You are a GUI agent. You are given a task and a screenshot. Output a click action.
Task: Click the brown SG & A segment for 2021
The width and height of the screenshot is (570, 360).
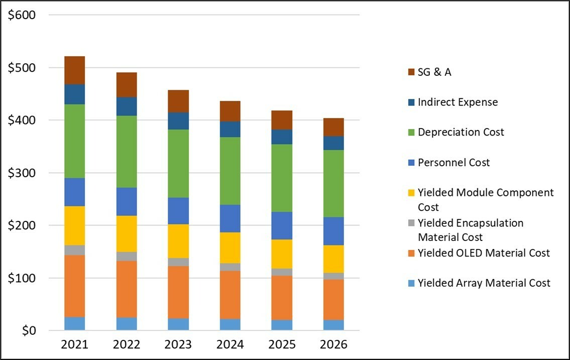[x=74, y=70]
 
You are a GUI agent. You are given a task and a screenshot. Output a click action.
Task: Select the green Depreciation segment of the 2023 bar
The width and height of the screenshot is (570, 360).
[x=178, y=164]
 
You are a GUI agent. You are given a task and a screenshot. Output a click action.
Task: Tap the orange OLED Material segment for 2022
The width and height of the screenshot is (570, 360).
[x=127, y=289]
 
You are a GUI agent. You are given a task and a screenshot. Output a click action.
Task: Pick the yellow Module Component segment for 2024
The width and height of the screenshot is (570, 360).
[x=230, y=248]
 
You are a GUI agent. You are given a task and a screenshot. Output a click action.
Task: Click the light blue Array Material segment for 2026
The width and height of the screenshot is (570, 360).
[x=333, y=325]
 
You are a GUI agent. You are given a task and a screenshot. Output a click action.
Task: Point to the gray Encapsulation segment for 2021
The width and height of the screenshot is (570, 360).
[x=74, y=250]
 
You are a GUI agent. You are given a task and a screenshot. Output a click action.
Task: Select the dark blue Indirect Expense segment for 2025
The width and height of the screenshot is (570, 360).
[x=282, y=137]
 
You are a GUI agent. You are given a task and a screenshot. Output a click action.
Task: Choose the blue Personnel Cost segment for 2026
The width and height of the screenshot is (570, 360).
[x=333, y=231]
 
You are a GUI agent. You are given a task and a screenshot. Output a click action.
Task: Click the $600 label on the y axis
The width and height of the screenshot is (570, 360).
[x=22, y=15]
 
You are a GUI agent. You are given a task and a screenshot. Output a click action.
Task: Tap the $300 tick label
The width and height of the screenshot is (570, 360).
[x=22, y=173]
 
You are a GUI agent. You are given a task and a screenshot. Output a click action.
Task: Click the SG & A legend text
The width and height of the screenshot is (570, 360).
[x=434, y=72]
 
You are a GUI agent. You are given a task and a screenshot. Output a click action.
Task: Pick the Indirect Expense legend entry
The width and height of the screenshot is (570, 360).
[x=458, y=102]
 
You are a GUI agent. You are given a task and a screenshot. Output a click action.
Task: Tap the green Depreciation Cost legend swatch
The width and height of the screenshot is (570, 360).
[x=411, y=133]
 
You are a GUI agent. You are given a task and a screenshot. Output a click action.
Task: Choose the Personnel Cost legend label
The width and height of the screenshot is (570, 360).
[x=453, y=163]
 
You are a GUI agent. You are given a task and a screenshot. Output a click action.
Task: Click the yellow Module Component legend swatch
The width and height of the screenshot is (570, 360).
[x=411, y=193]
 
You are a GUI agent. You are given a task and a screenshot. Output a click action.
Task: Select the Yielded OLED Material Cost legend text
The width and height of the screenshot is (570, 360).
[x=484, y=253]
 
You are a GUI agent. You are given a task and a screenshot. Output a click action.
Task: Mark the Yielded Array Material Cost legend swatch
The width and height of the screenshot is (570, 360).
[x=411, y=283]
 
